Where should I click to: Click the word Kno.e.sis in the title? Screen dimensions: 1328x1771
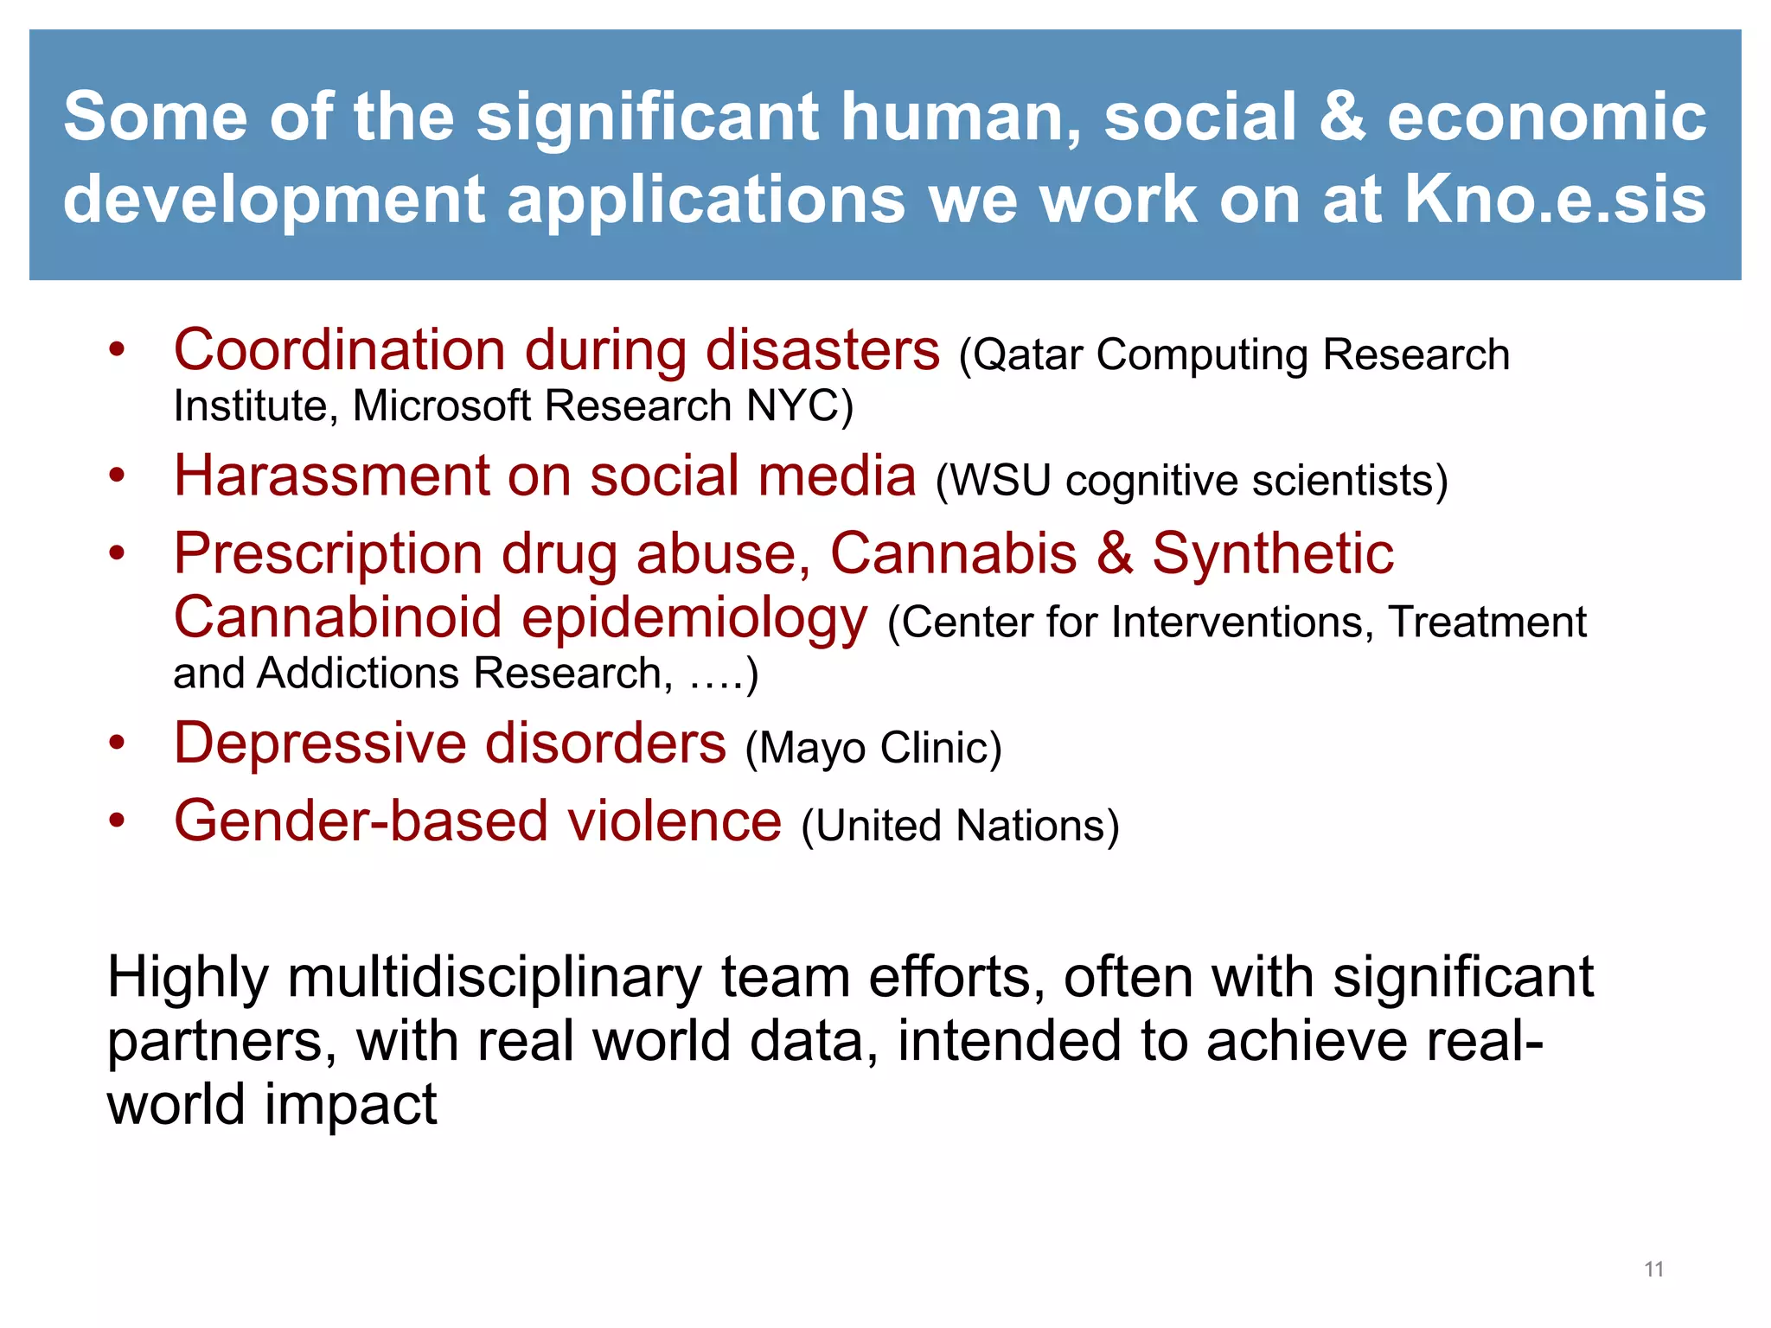pos(1555,200)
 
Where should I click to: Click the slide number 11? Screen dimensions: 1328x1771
pos(1653,1269)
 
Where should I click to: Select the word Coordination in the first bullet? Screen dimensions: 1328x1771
pos(339,350)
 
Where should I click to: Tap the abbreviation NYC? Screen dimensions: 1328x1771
pos(793,406)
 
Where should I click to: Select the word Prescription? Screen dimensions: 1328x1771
pos(328,554)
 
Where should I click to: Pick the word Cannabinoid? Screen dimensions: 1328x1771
pos(337,618)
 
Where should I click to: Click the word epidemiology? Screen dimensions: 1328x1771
pos(694,620)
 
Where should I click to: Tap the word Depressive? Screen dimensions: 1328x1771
pos(320,744)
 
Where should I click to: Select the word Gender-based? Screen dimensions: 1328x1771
pos(361,821)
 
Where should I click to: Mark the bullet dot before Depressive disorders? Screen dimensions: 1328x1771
pos(117,744)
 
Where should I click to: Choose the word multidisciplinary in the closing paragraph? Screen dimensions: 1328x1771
pos(495,978)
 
